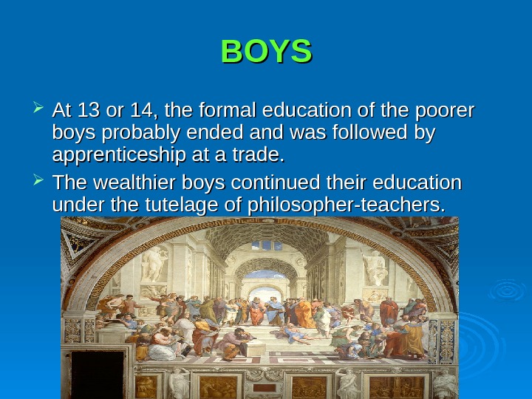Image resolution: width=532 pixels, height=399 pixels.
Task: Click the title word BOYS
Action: pos(266,52)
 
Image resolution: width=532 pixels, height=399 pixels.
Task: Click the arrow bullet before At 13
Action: pos(39,112)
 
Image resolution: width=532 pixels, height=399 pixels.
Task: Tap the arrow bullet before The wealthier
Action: pos(39,182)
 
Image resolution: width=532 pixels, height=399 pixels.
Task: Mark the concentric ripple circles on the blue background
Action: pos(507,290)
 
